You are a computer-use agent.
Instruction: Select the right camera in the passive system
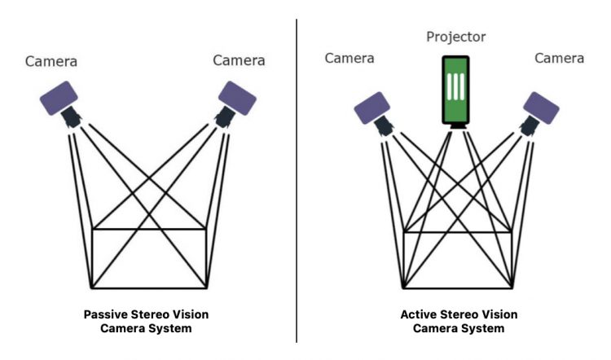(237, 98)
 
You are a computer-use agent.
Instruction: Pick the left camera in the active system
(372, 108)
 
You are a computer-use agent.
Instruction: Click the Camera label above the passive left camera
(53, 61)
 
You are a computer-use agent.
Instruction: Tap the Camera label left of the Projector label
(349, 58)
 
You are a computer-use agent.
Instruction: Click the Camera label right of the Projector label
(559, 58)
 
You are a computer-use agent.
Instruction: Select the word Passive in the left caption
(109, 314)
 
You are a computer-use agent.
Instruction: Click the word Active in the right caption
(420, 314)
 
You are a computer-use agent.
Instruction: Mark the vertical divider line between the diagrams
(297, 179)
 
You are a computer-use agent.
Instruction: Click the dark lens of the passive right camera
(222, 119)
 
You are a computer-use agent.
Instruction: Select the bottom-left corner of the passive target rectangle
(92, 288)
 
